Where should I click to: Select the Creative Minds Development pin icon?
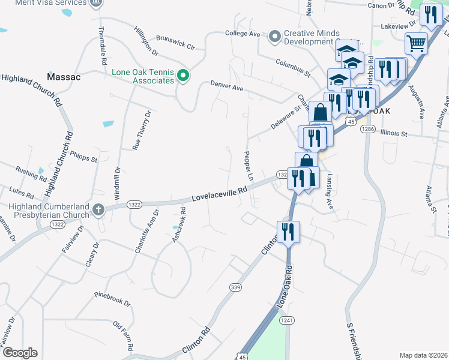tap(275, 37)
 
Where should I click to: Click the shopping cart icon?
tap(415, 43)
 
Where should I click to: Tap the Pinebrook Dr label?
tap(112, 299)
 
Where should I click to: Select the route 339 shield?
tap(235, 288)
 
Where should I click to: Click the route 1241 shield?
tap(287, 320)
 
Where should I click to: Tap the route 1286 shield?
tap(368, 129)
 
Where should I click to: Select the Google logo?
tap(20, 353)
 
